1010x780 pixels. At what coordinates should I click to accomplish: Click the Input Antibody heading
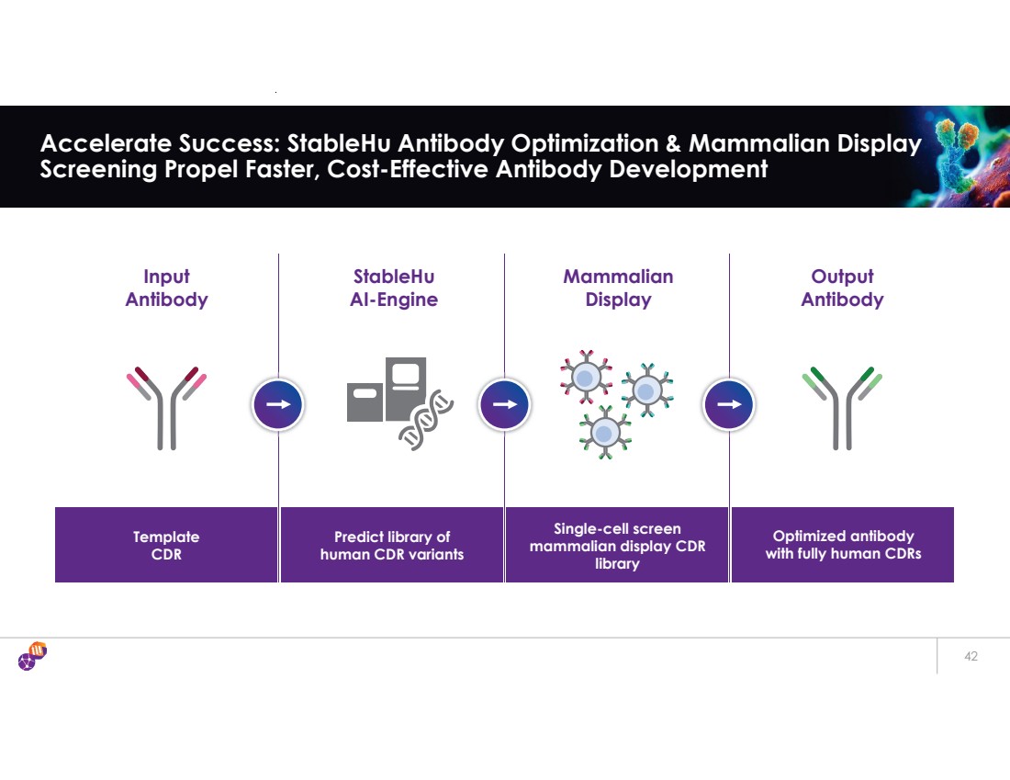tap(166, 288)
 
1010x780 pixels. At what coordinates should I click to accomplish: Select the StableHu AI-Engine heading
tap(394, 288)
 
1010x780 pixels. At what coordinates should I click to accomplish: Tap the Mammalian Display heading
tap(618, 288)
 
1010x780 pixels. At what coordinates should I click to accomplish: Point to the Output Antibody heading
tap(842, 288)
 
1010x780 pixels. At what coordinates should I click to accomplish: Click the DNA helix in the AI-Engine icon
tap(426, 421)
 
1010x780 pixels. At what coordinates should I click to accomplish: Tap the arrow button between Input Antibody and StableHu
tap(277, 403)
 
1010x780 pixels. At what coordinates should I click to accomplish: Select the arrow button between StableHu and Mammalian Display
tap(504, 403)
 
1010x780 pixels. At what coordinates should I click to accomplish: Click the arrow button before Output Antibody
tap(729, 403)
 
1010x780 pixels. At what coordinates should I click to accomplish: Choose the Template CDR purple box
tap(166, 545)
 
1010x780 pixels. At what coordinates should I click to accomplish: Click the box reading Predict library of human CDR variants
tap(392, 545)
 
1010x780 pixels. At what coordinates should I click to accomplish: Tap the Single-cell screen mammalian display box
tap(617, 545)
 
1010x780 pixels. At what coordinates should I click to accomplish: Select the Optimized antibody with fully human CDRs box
tap(843, 545)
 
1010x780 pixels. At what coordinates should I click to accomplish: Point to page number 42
tap(971, 657)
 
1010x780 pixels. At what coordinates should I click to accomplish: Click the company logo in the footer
tap(32, 657)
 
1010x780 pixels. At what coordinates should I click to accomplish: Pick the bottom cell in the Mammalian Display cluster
tap(605, 431)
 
